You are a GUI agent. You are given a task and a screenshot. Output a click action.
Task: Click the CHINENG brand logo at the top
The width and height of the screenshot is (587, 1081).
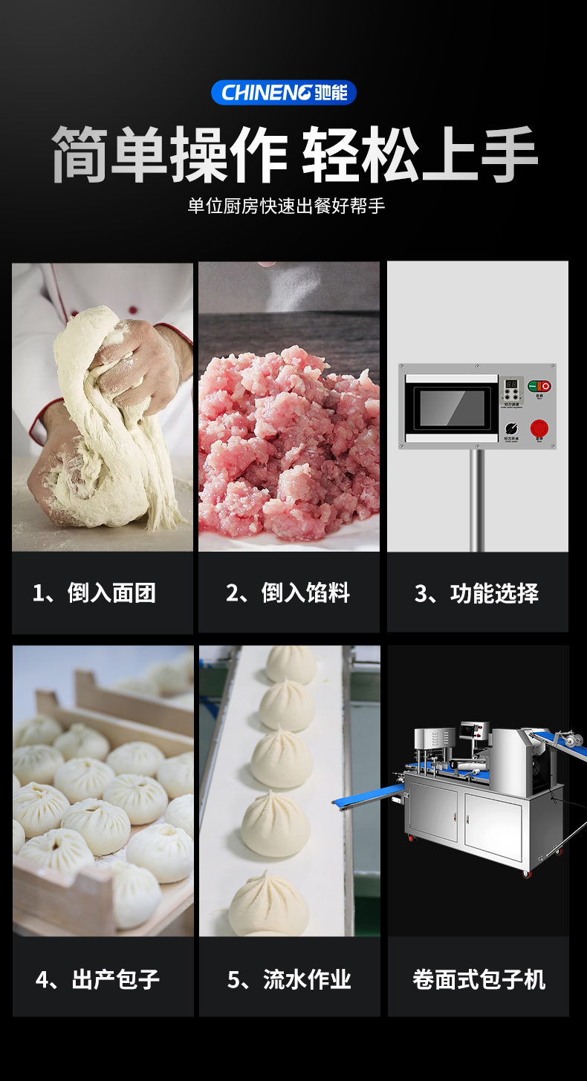[284, 93]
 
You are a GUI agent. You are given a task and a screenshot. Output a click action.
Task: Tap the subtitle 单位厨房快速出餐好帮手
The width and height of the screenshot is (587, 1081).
[286, 206]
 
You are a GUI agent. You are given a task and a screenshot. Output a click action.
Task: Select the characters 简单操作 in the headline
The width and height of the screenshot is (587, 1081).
[169, 154]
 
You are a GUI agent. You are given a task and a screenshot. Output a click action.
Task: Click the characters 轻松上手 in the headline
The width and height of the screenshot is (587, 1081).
[420, 154]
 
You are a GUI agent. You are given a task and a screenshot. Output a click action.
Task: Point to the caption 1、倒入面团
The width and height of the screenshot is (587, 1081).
[94, 593]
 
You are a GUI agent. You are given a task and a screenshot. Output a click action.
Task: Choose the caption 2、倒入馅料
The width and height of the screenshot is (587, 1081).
[288, 593]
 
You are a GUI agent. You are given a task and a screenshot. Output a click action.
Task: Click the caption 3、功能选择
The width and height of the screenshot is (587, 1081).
[476, 594]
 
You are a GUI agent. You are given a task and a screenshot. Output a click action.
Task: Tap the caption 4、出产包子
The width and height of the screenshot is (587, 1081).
[97, 979]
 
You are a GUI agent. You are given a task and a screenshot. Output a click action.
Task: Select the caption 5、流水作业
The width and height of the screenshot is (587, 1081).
[289, 979]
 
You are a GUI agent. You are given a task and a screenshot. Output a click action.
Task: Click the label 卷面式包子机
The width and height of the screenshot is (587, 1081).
[479, 979]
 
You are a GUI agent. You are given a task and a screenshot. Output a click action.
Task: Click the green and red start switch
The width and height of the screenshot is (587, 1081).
[539, 386]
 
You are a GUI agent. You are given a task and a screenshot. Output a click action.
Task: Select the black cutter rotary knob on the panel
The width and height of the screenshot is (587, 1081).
[511, 428]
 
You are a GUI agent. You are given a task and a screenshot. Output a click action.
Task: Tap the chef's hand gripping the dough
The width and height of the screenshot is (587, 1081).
[137, 356]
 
